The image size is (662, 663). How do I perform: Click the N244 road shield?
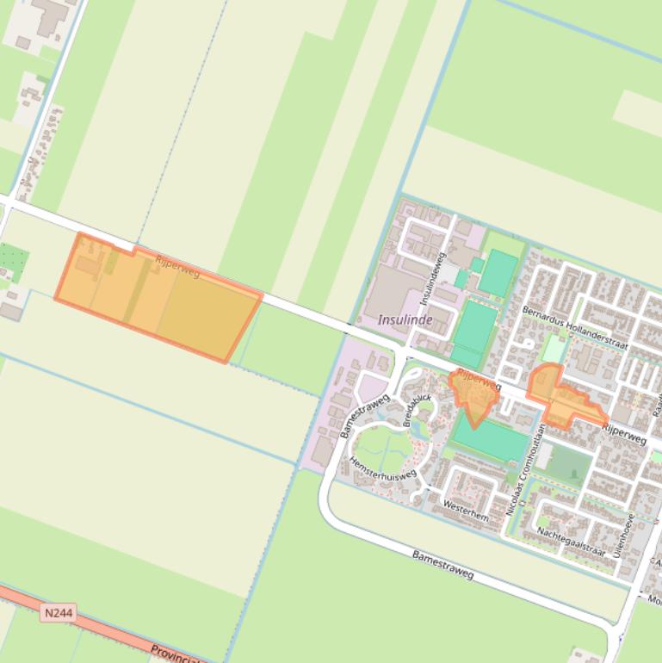[x=58, y=613]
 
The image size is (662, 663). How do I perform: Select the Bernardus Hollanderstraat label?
[x=575, y=326]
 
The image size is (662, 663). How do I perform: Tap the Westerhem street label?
[x=466, y=510]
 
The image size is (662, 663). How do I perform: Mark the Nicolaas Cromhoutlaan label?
[x=526, y=469]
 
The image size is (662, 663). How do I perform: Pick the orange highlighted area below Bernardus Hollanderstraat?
[x=560, y=397]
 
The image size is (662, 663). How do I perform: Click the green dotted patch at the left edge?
[x=13, y=262]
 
